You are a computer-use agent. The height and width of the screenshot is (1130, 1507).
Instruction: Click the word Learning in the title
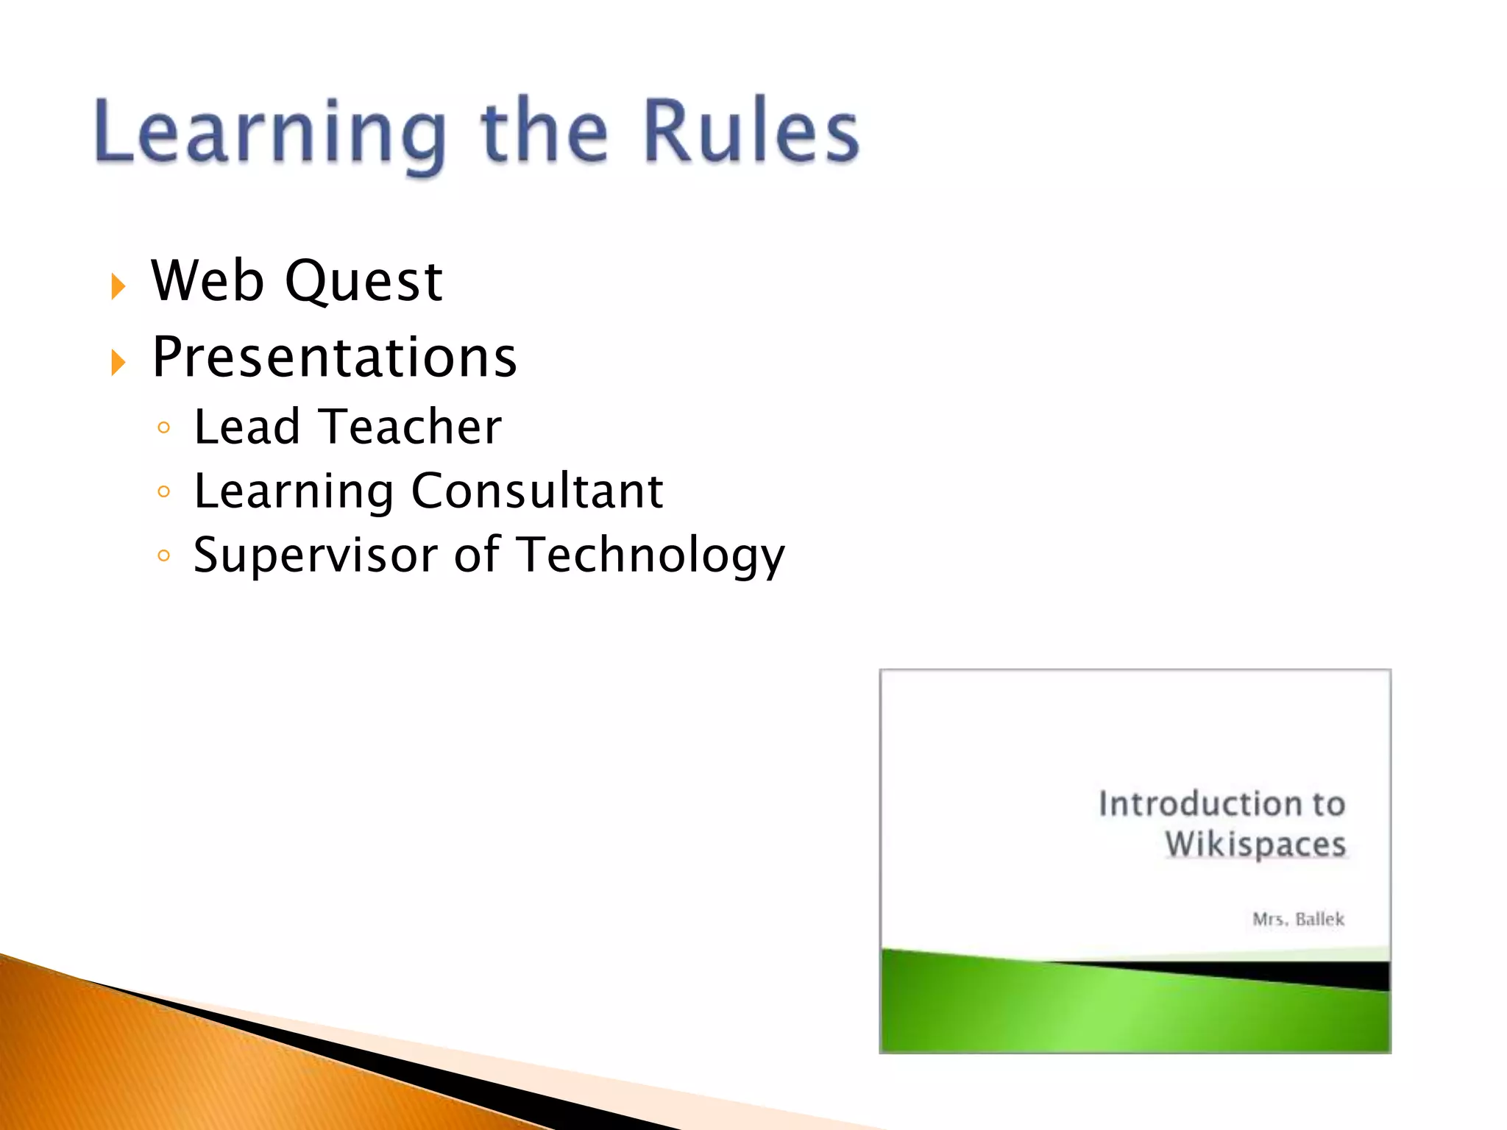pyautogui.click(x=269, y=132)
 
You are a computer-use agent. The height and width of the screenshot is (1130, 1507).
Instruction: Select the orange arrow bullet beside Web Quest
pyautogui.click(x=118, y=286)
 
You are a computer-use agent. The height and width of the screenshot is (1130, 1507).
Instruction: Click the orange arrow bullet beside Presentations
pyautogui.click(x=118, y=363)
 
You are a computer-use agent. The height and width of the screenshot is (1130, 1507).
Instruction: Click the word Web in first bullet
pyautogui.click(x=208, y=281)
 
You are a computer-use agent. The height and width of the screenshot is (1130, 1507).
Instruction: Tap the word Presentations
pyautogui.click(x=335, y=358)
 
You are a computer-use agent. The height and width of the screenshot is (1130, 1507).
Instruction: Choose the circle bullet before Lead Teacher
pyautogui.click(x=164, y=427)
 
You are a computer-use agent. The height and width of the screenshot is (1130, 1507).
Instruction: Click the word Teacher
pyautogui.click(x=412, y=427)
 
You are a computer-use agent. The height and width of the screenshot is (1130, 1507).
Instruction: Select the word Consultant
pyautogui.click(x=537, y=491)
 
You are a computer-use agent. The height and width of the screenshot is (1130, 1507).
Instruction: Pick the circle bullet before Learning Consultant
pyautogui.click(x=164, y=491)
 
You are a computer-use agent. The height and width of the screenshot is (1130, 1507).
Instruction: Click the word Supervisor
pyautogui.click(x=316, y=555)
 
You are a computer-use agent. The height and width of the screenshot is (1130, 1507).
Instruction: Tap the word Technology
pyautogui.click(x=650, y=555)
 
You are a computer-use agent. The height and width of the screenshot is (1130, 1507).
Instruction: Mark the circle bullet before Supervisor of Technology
pyautogui.click(x=164, y=555)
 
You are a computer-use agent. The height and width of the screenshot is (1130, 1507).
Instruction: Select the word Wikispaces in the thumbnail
pyautogui.click(x=1255, y=844)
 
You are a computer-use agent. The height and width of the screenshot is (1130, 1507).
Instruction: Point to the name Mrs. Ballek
pyautogui.click(x=1298, y=919)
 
